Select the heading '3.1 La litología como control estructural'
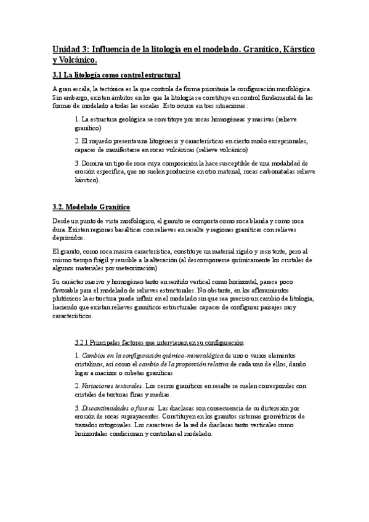[116, 75]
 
